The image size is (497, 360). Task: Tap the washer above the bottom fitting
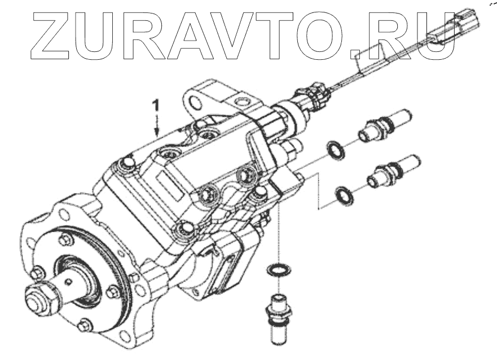[x=276, y=268]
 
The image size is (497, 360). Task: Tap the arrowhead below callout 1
[x=157, y=131]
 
